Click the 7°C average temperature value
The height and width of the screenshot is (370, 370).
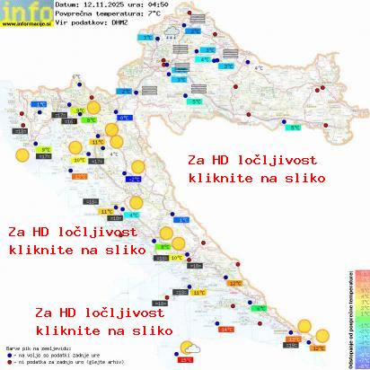(155, 15)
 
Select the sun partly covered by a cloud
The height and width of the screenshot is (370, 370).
(189, 348)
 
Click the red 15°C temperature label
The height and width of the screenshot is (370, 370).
(186, 359)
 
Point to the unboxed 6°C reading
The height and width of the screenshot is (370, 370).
(76, 76)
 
